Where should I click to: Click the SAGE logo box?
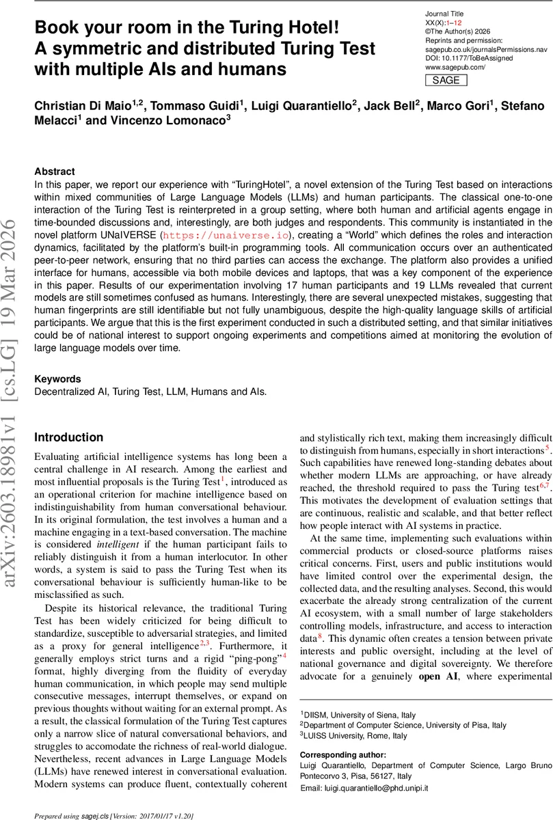pos(446,80)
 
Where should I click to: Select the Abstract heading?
pos(55,172)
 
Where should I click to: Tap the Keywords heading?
pos(57,379)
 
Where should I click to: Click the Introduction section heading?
pos(68,437)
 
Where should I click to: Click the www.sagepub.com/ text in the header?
pos(455,67)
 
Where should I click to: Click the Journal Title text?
pos(445,14)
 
